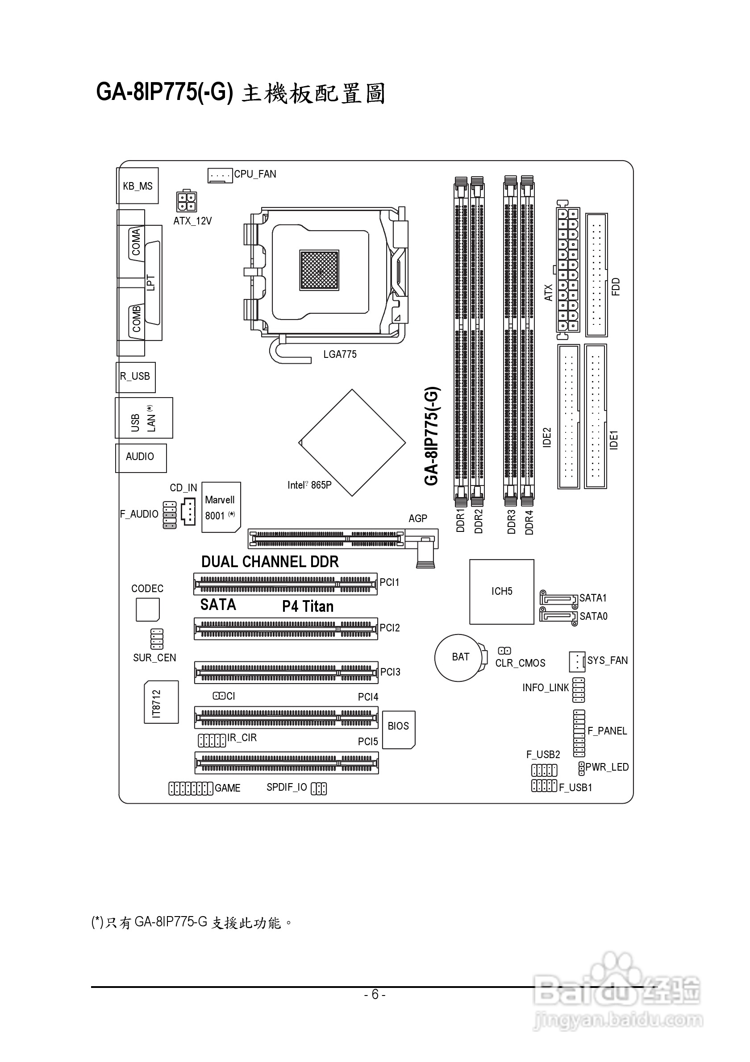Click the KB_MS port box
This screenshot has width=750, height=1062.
pos(137,186)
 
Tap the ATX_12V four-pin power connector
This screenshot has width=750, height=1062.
pos(187,202)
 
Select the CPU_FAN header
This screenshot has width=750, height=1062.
pos(220,175)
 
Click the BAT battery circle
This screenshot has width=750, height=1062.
pos(460,657)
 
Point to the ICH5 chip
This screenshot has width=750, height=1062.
pos(501,592)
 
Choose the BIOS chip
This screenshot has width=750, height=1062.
pos(399,730)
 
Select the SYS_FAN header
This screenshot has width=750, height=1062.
pos(577,661)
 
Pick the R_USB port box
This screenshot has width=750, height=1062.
pos(135,377)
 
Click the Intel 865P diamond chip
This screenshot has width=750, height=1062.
pos(352,443)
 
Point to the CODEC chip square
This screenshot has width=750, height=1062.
pos(148,610)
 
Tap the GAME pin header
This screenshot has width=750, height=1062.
pos(191,788)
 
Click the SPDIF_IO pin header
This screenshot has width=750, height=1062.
pos(319,788)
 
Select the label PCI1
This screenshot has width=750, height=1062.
pos(389,582)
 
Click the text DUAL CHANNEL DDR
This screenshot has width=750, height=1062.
pos(270,561)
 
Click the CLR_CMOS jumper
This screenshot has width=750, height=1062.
pos(504,651)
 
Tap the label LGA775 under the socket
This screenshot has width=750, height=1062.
pos(340,354)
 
